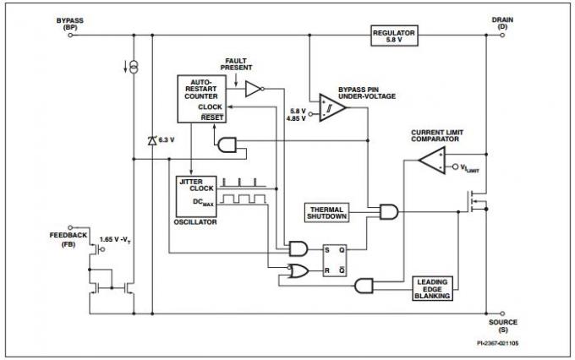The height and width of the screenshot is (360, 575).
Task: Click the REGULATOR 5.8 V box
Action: [x=394, y=35]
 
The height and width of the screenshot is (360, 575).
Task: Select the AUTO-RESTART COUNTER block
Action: [x=200, y=99]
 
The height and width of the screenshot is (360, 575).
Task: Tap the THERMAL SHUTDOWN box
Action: [x=328, y=212]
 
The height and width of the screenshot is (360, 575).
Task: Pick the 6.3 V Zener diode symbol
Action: [x=152, y=141]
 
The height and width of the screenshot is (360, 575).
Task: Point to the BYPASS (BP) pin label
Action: [x=69, y=23]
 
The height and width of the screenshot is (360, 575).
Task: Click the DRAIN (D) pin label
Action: [x=502, y=23]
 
